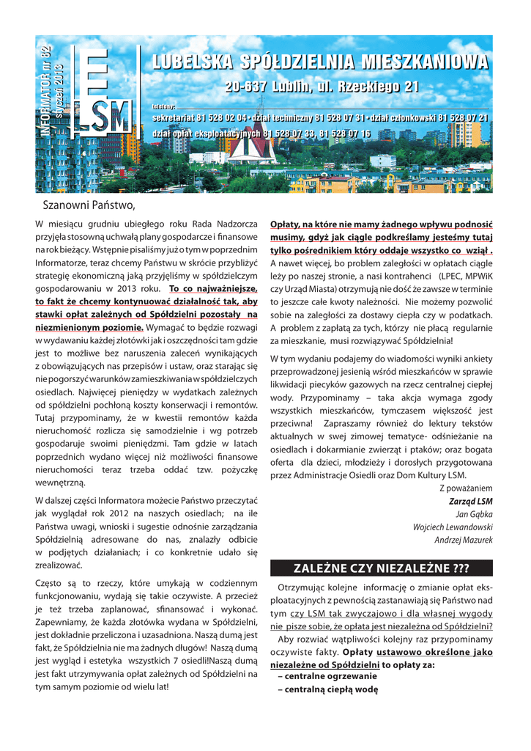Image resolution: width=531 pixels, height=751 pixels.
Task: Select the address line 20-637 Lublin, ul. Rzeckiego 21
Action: pyautogui.click(x=322, y=88)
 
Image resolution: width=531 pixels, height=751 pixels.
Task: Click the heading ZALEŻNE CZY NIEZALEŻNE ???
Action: pyautogui.click(x=381, y=568)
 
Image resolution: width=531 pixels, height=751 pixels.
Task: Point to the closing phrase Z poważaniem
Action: pyautogui.click(x=466, y=488)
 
